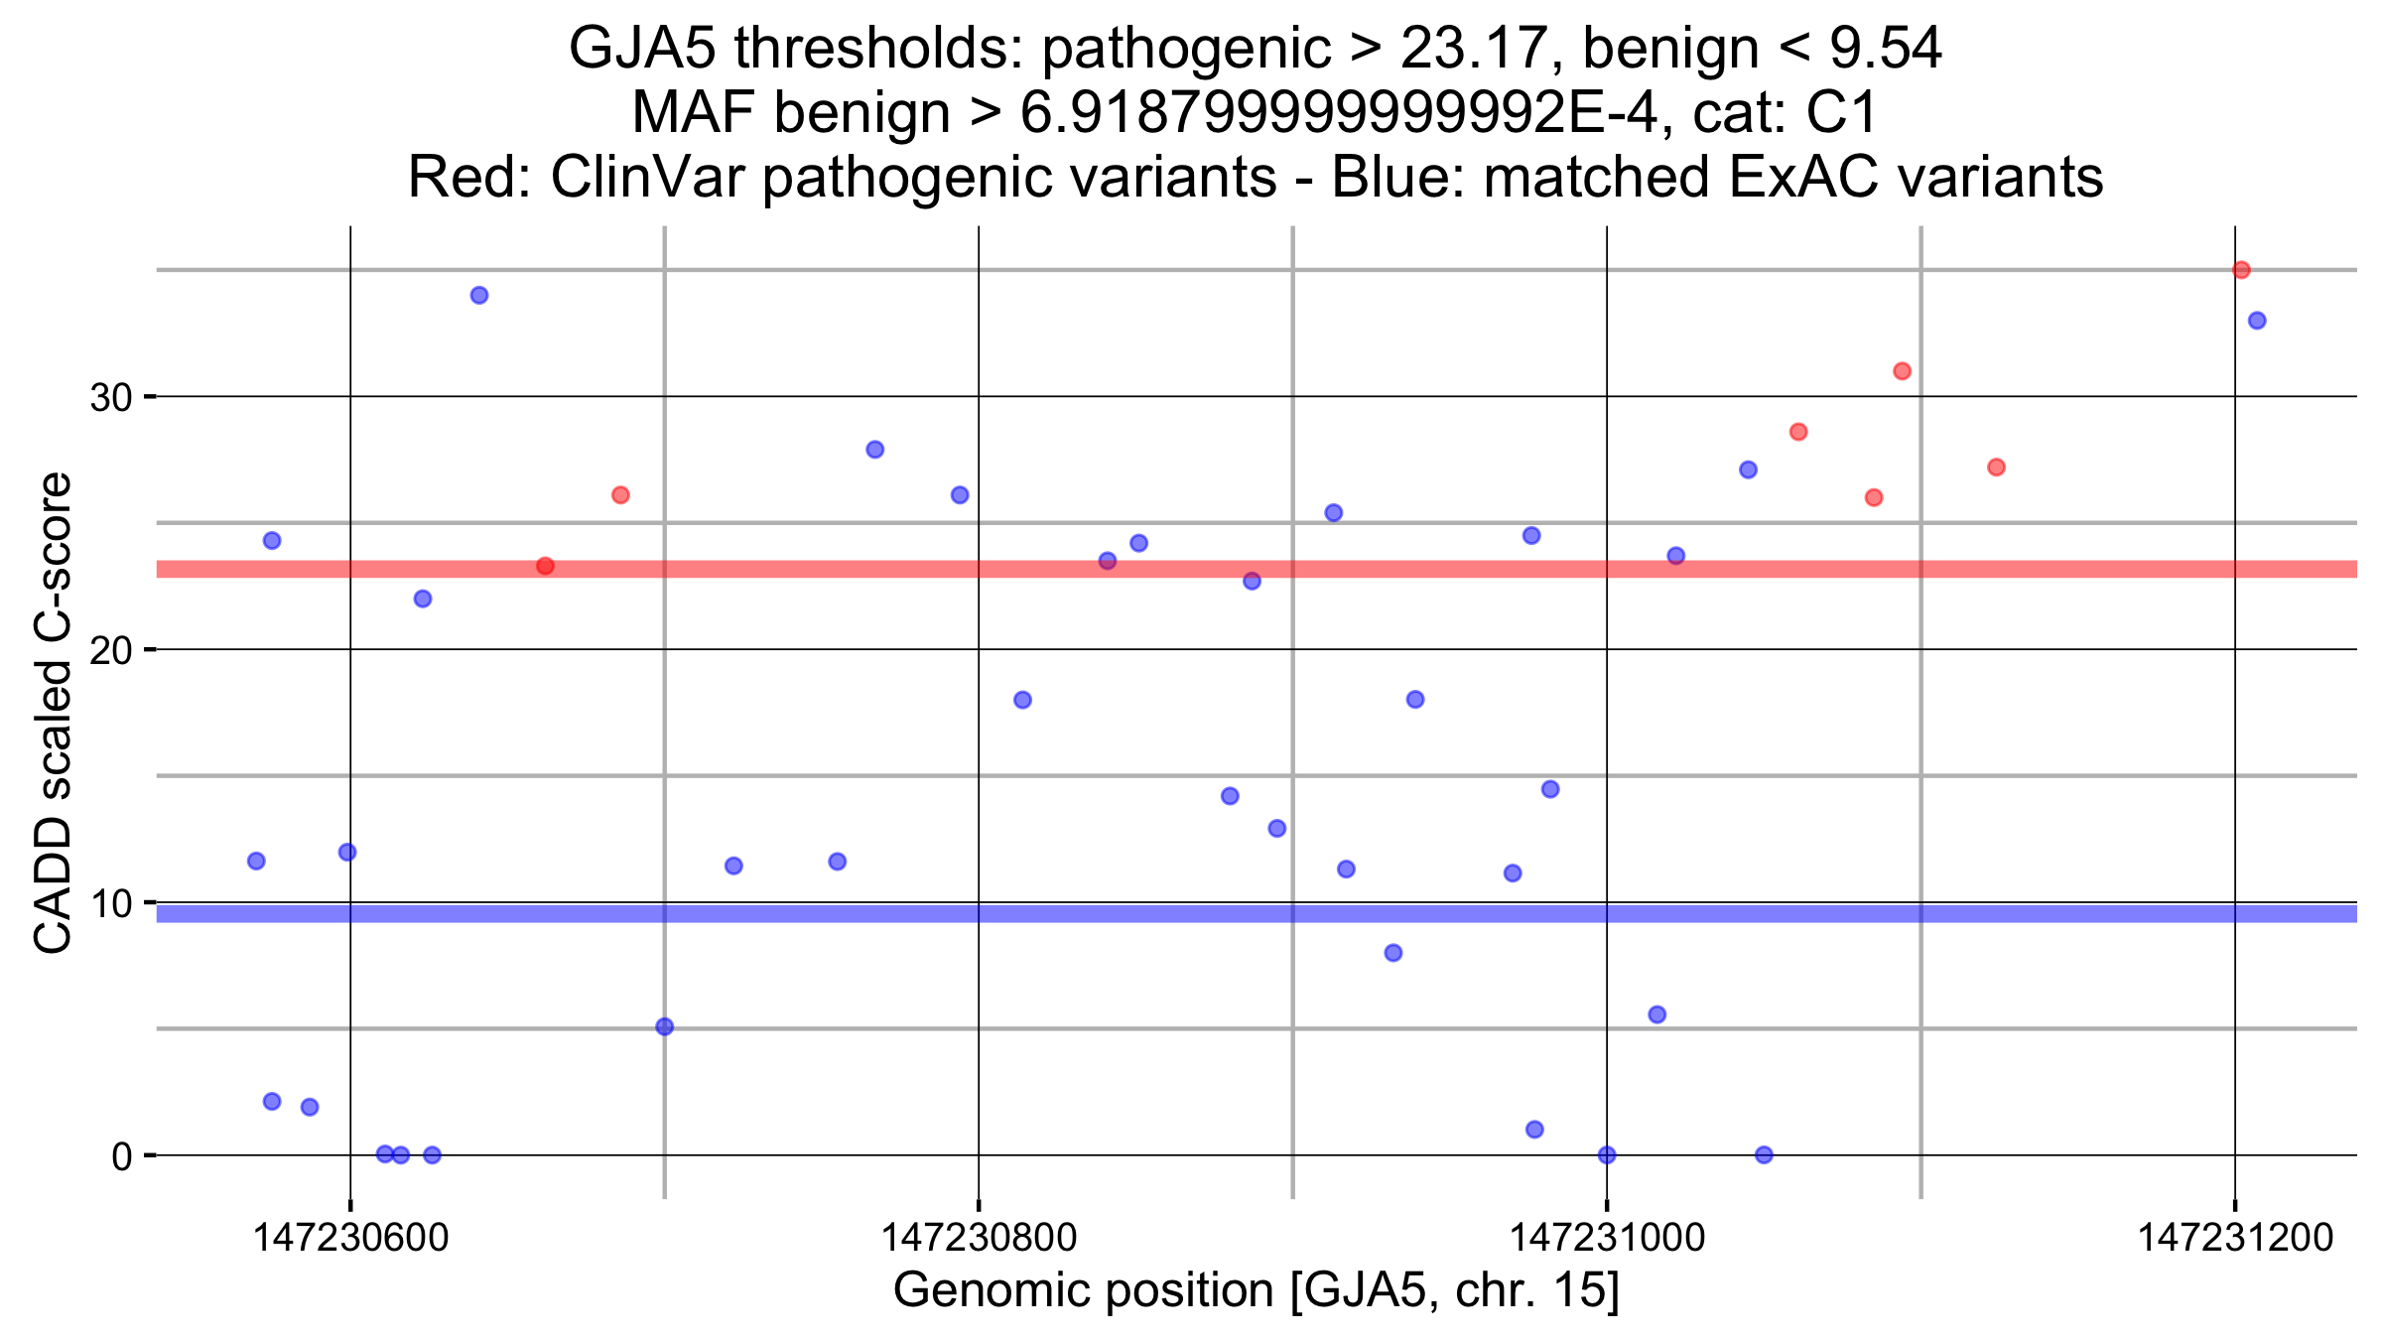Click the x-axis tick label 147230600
350,1238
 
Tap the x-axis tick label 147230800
979,1238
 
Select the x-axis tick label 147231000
1607,1238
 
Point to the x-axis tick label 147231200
2235,1238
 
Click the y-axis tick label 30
111,398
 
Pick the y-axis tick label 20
111,651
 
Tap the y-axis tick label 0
122,1156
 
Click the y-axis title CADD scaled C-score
54,713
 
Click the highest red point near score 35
2241,270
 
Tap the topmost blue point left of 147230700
479,296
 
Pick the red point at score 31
1902,371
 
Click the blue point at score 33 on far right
2257,321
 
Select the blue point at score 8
1393,953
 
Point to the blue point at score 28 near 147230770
874,450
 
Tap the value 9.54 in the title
1885,48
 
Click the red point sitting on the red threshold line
545,566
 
